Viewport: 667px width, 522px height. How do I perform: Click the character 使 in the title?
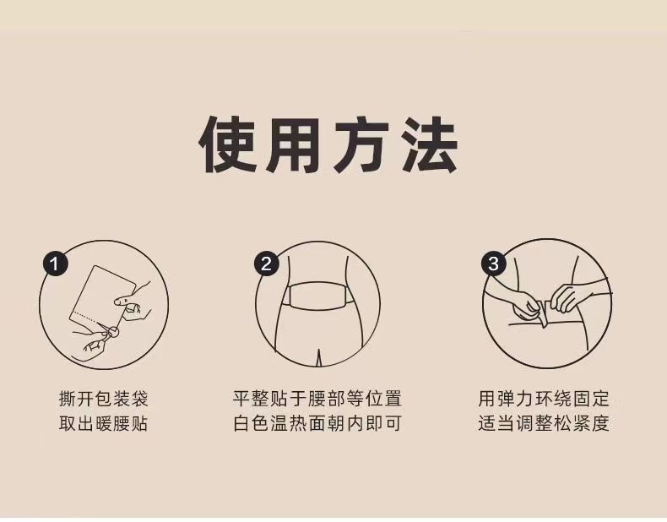tap(228, 145)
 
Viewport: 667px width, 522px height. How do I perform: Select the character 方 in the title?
tap(361, 145)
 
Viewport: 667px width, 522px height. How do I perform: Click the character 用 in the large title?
tap(294, 145)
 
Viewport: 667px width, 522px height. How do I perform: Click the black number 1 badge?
tap(55, 264)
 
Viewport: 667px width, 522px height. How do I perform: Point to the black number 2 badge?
tap(266, 264)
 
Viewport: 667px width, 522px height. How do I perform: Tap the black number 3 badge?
tap(493, 264)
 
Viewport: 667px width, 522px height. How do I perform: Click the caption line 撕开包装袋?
tap(103, 399)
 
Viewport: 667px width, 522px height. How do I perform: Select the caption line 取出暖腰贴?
tap(103, 424)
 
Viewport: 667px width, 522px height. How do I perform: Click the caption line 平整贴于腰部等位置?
tap(317, 399)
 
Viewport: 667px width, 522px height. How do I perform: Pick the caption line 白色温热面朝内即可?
tap(317, 424)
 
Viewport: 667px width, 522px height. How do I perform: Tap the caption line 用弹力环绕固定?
tap(544, 399)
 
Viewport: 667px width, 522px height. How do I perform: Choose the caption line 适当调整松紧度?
tap(544, 424)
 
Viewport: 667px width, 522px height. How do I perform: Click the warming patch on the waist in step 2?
tap(317, 296)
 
